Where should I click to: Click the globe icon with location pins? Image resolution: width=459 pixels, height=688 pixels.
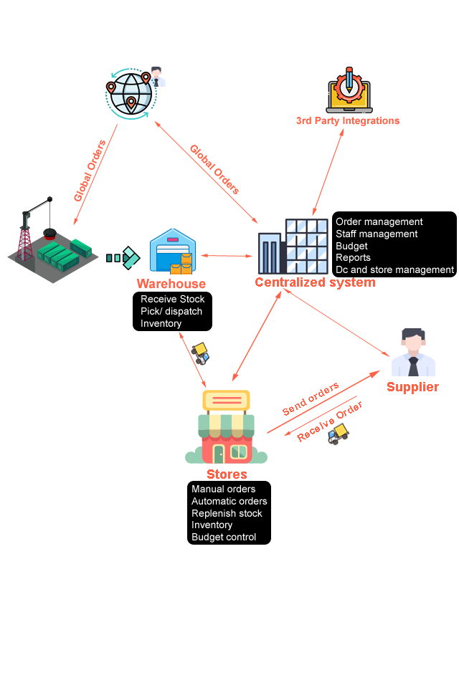[x=130, y=92]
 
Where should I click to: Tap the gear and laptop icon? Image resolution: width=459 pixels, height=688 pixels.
[x=348, y=90]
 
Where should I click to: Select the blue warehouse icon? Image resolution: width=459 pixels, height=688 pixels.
[x=172, y=251]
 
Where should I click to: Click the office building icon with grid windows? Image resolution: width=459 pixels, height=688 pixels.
[x=293, y=247]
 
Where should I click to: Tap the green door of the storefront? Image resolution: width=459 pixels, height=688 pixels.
[x=218, y=454]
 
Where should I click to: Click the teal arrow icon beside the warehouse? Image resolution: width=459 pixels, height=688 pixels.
[x=123, y=258]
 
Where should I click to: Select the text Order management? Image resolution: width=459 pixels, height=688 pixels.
[x=379, y=222]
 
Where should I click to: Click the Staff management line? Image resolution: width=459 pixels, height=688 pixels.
[x=377, y=234]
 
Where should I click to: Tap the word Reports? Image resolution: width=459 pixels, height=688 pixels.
[x=353, y=258]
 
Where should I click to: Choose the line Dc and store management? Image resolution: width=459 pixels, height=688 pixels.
[x=394, y=270]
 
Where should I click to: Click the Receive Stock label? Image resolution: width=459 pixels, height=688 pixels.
[x=172, y=300]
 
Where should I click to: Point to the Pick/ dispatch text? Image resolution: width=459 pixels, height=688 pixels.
[x=171, y=312]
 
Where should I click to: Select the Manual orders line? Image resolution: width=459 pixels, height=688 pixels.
[x=223, y=489]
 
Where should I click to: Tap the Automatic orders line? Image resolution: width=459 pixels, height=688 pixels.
[x=229, y=502]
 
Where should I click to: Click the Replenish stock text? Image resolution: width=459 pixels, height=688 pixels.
[x=227, y=514]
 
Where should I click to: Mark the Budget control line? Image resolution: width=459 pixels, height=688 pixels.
[x=223, y=537]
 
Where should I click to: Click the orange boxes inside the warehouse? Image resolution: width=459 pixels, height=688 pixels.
[x=182, y=265]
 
